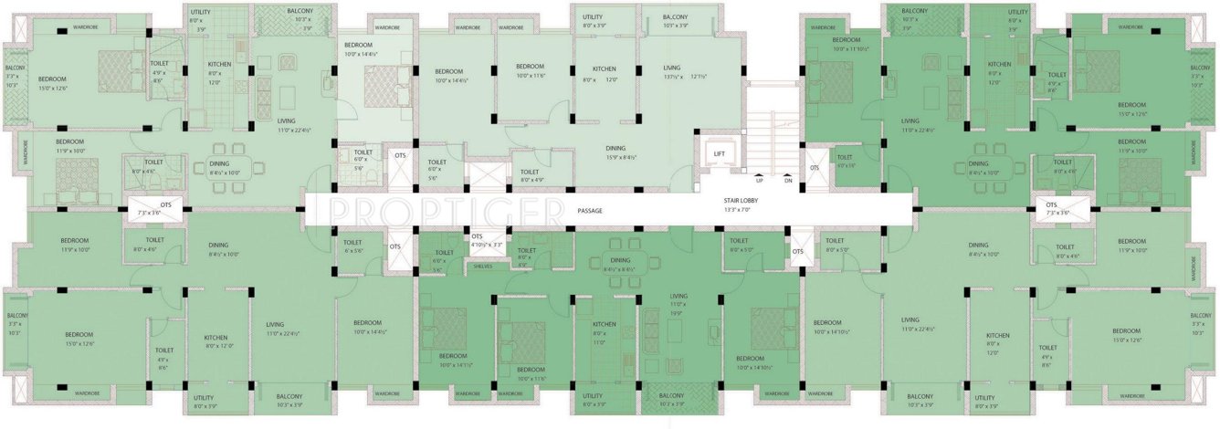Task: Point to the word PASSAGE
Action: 591,211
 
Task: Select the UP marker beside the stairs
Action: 759,181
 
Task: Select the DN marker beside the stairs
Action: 788,181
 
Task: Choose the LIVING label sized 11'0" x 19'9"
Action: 678,297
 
